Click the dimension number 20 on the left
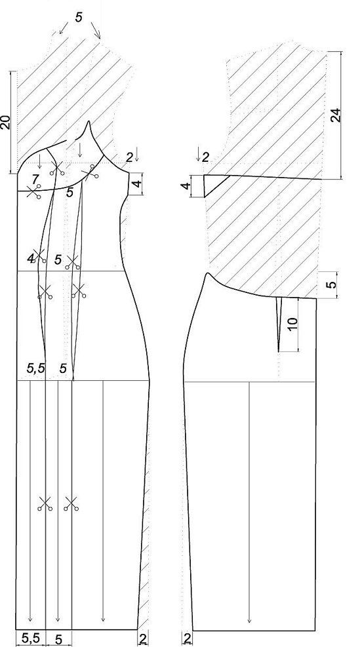pyautogui.click(x=5, y=123)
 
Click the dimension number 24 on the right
pyautogui.click(x=336, y=115)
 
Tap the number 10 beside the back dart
pyautogui.click(x=292, y=324)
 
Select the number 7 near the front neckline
pyautogui.click(x=35, y=179)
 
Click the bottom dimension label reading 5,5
pyautogui.click(x=31, y=638)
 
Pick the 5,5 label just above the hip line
pyautogui.click(x=36, y=368)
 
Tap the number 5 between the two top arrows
pyautogui.click(x=79, y=17)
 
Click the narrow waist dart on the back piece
pyautogui.click(x=279, y=324)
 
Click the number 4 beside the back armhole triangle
pyautogui.click(x=188, y=186)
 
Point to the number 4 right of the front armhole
pyautogui.click(x=138, y=182)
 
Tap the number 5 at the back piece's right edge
pyautogui.click(x=333, y=284)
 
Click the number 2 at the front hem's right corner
pyautogui.click(x=143, y=638)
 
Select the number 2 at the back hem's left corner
pyautogui.click(x=187, y=638)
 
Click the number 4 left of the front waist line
pyautogui.click(x=31, y=259)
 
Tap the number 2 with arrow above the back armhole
pyautogui.click(x=203, y=155)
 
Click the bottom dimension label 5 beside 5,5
pyautogui.click(x=58, y=640)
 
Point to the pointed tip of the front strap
pyautogui.click(x=89, y=121)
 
